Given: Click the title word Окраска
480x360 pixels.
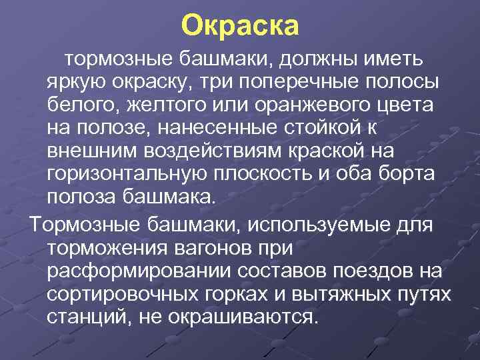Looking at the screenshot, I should (x=240, y=27).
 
